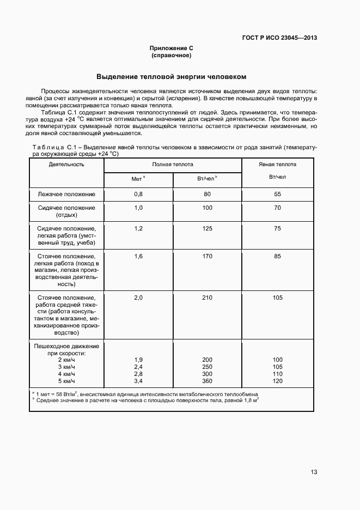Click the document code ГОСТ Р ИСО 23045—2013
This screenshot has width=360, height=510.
point(279,38)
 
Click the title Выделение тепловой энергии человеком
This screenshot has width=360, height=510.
point(172,77)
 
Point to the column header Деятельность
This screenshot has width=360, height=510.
point(66,164)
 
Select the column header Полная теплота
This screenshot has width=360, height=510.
point(173,164)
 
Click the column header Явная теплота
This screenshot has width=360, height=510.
point(277,164)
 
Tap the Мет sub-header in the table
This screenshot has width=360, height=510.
point(137,179)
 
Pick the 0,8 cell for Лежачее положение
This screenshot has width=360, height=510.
point(138,194)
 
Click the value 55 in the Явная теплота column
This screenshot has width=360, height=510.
point(277,194)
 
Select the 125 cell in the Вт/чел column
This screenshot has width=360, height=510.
point(207,228)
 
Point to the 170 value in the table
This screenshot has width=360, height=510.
point(207,256)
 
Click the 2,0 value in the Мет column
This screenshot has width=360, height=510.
point(138,297)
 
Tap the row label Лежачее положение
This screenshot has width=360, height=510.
point(66,194)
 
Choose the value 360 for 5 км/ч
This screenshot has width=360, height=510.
point(207,381)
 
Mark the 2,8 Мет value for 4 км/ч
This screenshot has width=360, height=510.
point(138,374)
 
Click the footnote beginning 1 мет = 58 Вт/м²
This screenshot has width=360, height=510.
point(144,393)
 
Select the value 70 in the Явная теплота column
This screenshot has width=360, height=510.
point(277,208)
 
